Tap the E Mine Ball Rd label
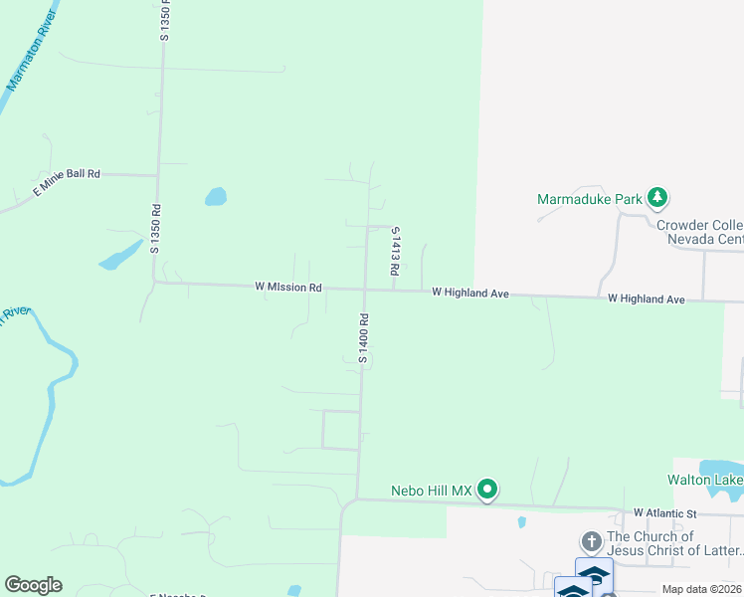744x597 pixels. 68,181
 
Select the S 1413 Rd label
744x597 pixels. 395,251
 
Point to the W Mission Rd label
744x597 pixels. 288,287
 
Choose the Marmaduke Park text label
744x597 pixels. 590,199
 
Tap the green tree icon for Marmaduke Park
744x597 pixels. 656,198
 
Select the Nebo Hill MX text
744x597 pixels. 429,490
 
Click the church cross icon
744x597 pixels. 591,542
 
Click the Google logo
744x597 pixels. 33,585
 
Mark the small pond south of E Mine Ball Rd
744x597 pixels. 215,196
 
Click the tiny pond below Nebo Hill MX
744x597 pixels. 521,521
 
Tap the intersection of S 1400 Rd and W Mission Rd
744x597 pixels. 364,290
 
